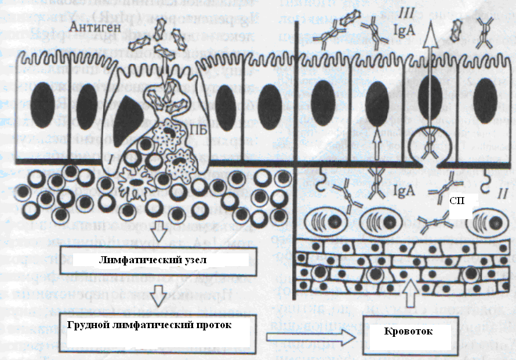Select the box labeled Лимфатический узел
157,258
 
